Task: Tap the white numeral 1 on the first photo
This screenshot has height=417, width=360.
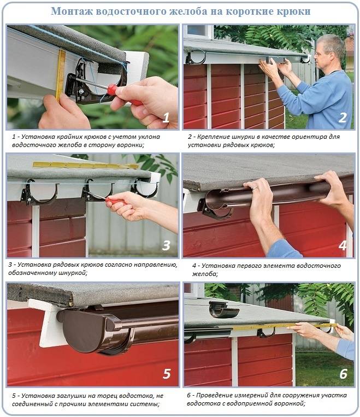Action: (x=166, y=118)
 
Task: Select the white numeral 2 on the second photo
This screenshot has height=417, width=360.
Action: (x=343, y=118)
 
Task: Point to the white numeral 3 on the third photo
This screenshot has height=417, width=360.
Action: (x=166, y=245)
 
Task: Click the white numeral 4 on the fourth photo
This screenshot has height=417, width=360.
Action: (x=343, y=245)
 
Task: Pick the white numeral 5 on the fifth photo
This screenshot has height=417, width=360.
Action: (x=167, y=374)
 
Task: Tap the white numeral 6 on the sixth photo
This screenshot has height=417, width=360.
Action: (x=343, y=374)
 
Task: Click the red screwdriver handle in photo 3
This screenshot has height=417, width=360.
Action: (x=114, y=202)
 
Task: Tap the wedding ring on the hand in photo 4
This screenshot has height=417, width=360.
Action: (x=255, y=189)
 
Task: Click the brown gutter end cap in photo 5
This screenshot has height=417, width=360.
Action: (x=85, y=331)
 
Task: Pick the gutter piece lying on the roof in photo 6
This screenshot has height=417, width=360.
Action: (x=223, y=309)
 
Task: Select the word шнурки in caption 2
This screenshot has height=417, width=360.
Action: (x=240, y=137)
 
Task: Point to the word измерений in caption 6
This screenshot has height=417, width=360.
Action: (x=251, y=395)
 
